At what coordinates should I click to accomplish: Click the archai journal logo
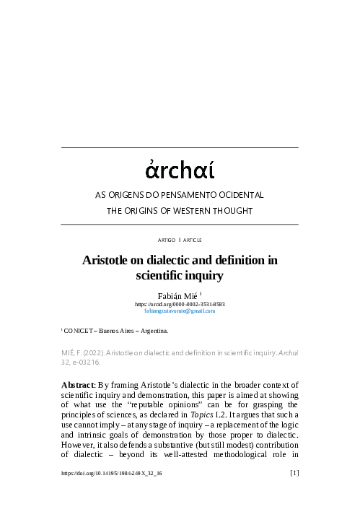(x=180, y=171)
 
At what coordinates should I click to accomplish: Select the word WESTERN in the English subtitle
(x=196, y=210)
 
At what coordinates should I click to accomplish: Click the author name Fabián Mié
(x=177, y=295)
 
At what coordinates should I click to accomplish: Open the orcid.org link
(x=180, y=304)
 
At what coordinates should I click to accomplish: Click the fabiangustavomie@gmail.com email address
(x=180, y=311)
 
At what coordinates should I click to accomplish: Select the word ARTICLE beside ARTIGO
(x=193, y=239)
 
